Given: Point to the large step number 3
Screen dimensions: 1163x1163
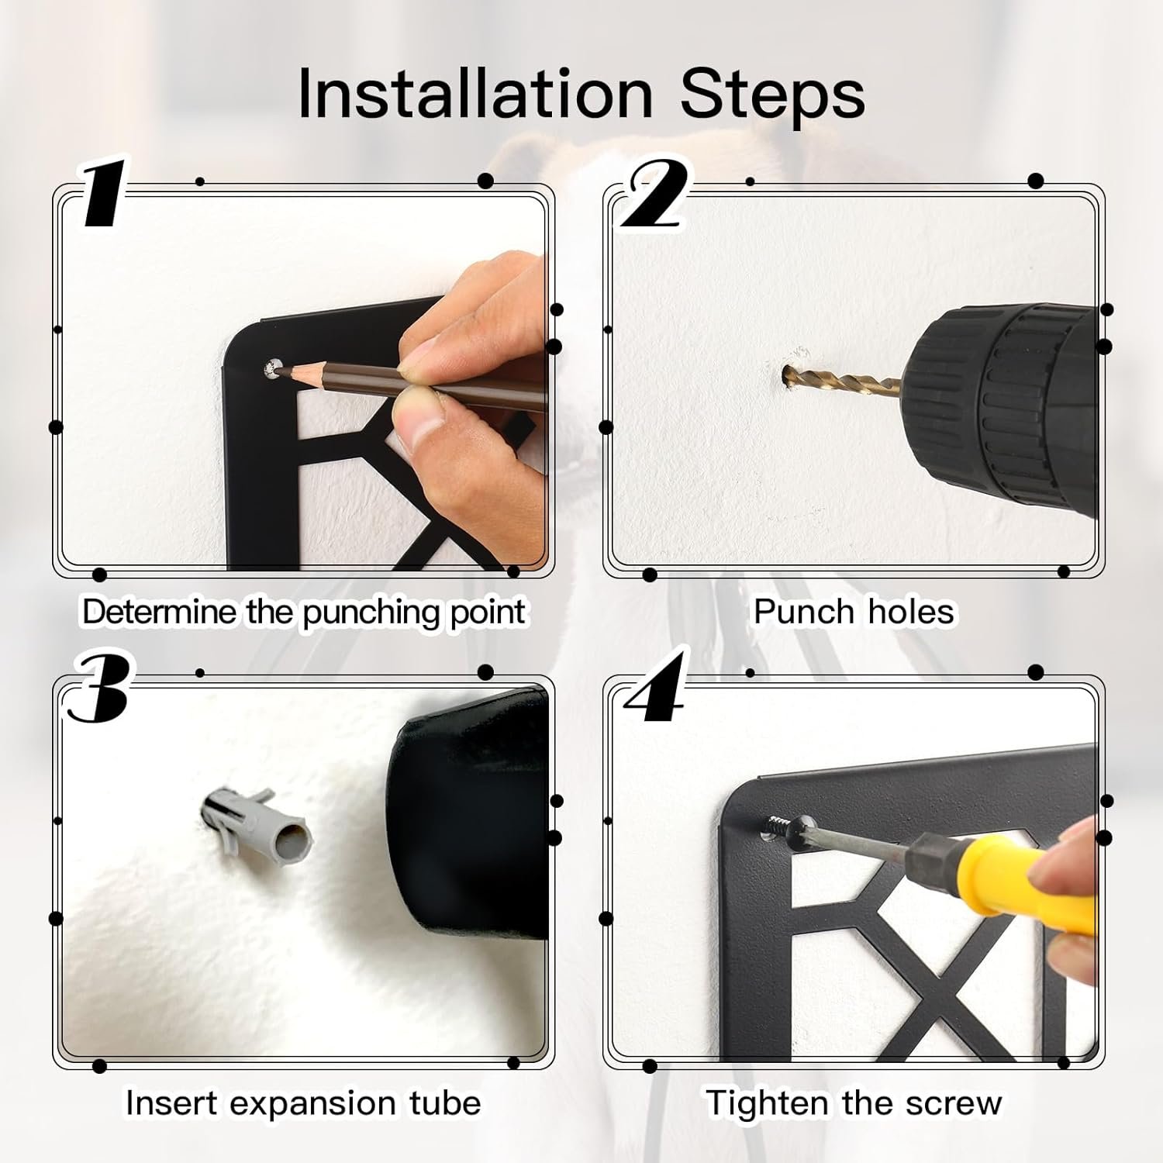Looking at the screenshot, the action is tap(98, 685).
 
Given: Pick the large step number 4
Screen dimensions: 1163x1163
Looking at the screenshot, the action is tap(656, 685).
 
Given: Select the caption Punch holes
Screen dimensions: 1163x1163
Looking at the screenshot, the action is tap(854, 611).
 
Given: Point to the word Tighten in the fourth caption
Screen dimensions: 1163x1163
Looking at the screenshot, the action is tap(766, 1103).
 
